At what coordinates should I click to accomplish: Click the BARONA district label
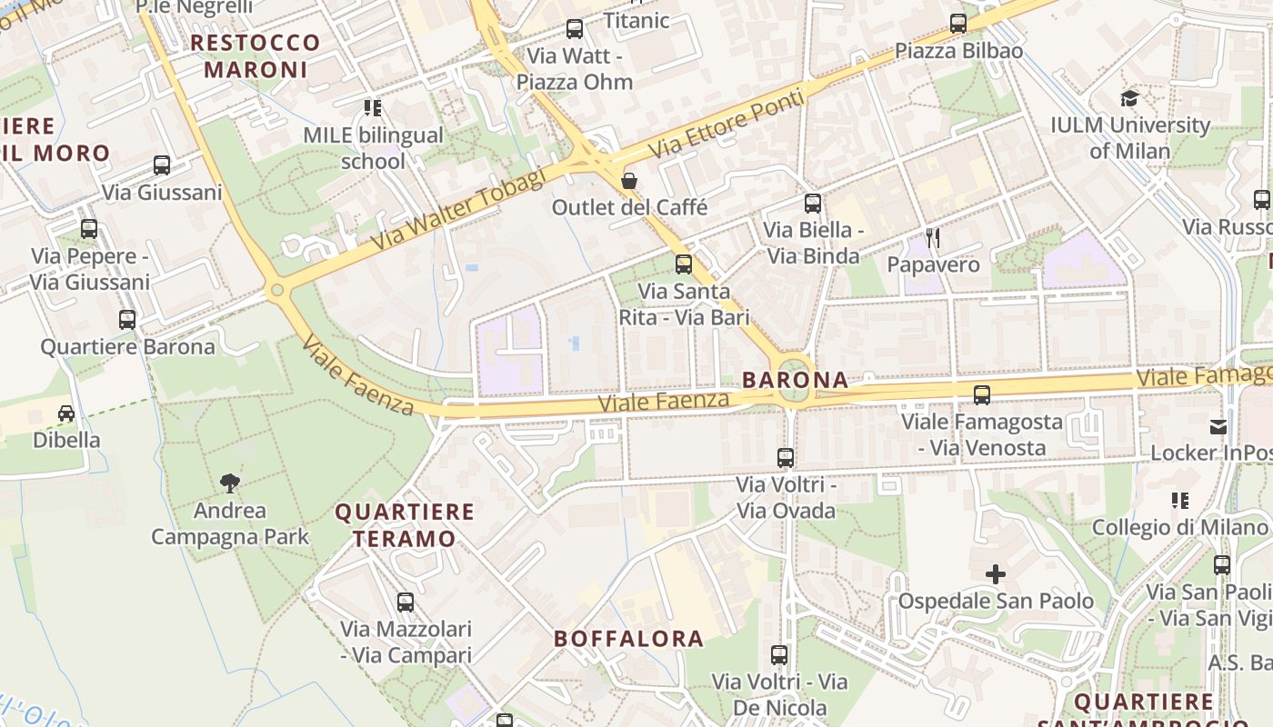(795, 380)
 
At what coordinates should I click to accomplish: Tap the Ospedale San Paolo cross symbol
(996, 574)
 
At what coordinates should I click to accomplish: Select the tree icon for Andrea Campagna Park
(230, 483)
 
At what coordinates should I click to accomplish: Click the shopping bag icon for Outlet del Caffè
(628, 181)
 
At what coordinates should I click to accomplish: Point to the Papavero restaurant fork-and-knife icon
(932, 238)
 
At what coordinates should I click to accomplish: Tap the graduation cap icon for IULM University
(1129, 98)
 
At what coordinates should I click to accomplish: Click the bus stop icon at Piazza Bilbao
(958, 24)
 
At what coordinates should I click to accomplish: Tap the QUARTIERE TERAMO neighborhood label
(405, 525)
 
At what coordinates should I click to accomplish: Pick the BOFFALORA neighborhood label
(629, 639)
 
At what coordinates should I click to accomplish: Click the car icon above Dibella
(66, 413)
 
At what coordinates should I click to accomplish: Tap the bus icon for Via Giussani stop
(162, 165)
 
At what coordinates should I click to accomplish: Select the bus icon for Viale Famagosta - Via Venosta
(981, 394)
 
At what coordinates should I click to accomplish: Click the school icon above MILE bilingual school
(372, 108)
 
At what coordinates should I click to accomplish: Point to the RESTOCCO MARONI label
(256, 55)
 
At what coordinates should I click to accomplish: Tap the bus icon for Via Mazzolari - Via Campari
(406, 602)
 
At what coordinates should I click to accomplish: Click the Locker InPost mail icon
(1218, 426)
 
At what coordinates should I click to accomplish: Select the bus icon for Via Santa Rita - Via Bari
(684, 264)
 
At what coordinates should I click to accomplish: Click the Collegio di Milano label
(1179, 527)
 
